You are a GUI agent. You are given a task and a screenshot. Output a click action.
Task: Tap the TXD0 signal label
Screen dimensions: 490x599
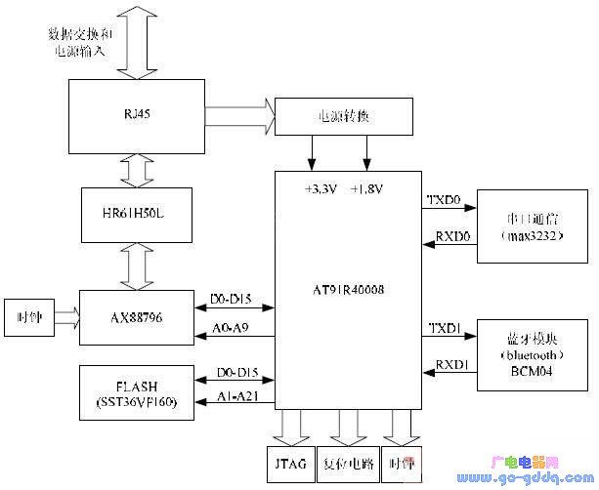click(x=440, y=199)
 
